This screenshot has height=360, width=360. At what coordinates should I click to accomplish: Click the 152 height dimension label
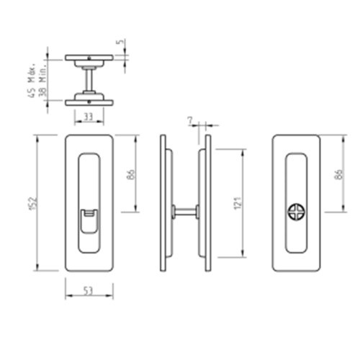coord(35,203)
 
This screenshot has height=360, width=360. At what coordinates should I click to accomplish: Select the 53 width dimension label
coord(88,291)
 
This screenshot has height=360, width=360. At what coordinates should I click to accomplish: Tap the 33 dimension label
coord(88,117)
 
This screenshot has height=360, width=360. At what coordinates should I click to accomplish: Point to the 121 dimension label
coord(238,203)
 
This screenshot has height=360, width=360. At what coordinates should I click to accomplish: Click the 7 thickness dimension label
coord(190,121)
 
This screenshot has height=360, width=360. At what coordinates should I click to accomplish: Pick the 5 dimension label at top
coord(121,42)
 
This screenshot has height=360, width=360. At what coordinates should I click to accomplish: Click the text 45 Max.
coord(32,81)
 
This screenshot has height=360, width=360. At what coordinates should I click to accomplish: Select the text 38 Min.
coord(42,81)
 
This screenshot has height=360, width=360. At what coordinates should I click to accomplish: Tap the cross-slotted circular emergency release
coord(297,212)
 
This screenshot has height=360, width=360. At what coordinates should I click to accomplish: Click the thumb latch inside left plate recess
coord(89,221)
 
